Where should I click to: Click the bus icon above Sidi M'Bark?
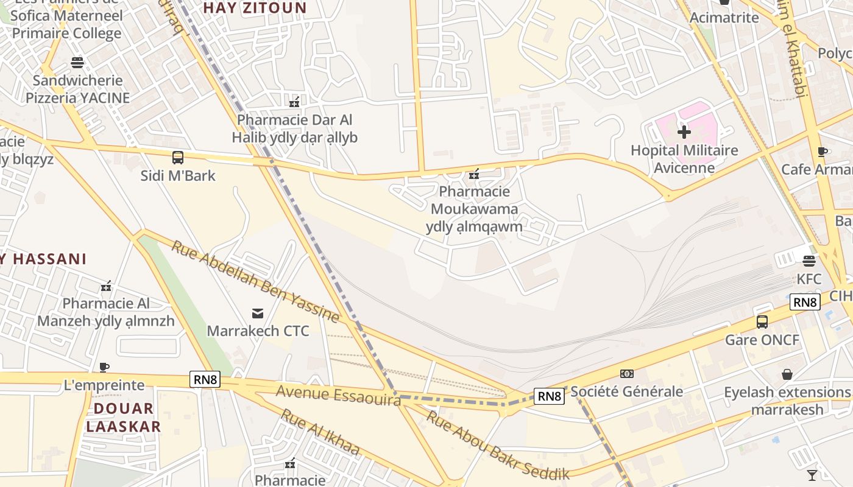click(178, 158)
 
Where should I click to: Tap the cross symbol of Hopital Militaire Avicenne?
click(684, 131)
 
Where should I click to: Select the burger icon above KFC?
click(809, 261)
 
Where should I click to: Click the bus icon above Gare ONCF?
click(762, 321)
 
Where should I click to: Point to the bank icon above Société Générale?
click(626, 373)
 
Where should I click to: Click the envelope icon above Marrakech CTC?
click(258, 313)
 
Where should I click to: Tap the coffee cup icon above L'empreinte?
click(104, 367)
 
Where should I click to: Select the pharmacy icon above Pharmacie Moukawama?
click(474, 175)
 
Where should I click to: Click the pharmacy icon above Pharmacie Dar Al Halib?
click(294, 102)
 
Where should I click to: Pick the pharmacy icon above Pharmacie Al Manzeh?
click(106, 286)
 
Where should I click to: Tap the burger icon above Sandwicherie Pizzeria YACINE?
click(77, 62)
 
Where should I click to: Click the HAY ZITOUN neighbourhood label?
click(255, 8)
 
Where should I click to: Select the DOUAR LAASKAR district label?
click(123, 417)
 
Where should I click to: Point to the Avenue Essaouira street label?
click(338, 394)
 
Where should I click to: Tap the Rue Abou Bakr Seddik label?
click(497, 446)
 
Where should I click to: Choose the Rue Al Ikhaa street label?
click(319, 432)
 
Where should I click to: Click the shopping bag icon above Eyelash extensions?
click(787, 374)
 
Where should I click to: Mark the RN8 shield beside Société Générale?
click(549, 396)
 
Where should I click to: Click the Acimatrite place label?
click(724, 18)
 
